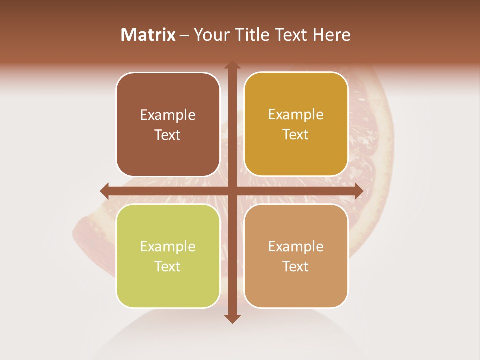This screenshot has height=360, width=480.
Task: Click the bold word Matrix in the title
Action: pos(148,35)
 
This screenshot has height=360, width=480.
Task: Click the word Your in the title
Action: pos(209,35)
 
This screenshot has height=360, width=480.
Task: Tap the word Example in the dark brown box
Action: pos(168,115)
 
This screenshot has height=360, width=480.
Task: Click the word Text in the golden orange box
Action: pos(296,135)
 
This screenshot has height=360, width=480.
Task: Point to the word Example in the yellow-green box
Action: pos(168,246)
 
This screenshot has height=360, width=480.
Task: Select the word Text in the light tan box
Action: pos(296,266)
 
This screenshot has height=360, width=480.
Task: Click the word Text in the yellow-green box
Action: pos(168,266)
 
